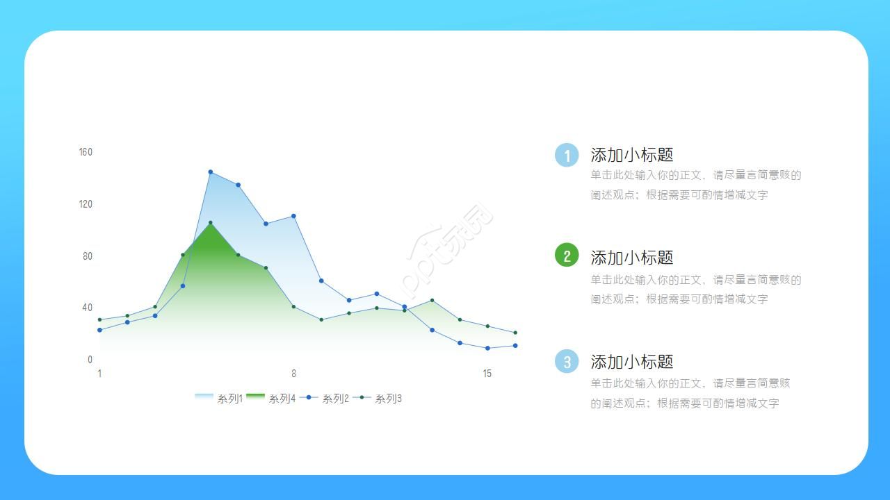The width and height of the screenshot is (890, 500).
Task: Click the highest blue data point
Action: pyautogui.click(x=211, y=172)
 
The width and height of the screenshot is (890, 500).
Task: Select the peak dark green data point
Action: pyautogui.click(x=211, y=223)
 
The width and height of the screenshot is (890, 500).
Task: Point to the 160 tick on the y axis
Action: pyautogui.click(x=86, y=152)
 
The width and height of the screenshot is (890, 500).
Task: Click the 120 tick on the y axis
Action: pyautogui.click(x=86, y=204)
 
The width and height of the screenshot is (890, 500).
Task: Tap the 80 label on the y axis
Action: pyautogui.click(x=88, y=256)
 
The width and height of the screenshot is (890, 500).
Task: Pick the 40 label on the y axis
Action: pyautogui.click(x=88, y=308)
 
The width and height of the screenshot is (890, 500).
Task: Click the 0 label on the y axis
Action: pyautogui.click(x=90, y=360)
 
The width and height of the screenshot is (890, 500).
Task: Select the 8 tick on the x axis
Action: pyautogui.click(x=293, y=374)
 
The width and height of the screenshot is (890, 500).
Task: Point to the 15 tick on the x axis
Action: pyautogui.click(x=487, y=374)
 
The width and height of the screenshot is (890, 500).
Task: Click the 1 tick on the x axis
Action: pyautogui.click(x=99, y=374)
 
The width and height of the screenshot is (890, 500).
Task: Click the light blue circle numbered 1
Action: pyautogui.click(x=567, y=156)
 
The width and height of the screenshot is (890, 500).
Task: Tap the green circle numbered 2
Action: pyautogui.click(x=567, y=256)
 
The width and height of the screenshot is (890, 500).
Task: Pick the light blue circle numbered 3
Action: pyautogui.click(x=567, y=361)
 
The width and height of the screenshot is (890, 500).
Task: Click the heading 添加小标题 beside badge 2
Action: pyautogui.click(x=632, y=258)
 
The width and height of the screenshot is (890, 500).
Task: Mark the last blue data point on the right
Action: pyautogui.click(x=515, y=346)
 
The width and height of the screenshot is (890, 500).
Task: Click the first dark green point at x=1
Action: pyautogui.click(x=99, y=319)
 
